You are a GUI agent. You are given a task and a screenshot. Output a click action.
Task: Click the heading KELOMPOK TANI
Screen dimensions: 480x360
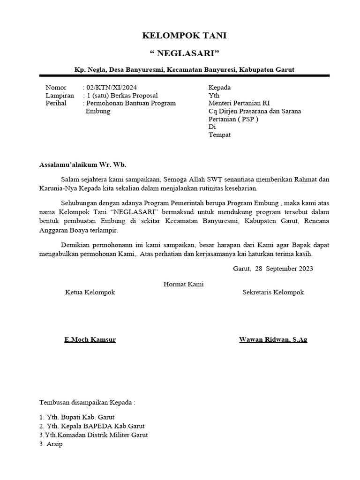(180, 36)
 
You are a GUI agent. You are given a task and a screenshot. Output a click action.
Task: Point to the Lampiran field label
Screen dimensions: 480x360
(60, 96)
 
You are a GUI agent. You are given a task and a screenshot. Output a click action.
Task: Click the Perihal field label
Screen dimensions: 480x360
(56, 103)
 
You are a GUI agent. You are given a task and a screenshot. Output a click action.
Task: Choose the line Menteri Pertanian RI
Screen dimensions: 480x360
(239, 103)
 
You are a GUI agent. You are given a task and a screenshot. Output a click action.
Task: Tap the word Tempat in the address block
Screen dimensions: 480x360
(219, 135)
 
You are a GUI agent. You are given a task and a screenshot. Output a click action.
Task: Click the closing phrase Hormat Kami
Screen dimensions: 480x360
(183, 284)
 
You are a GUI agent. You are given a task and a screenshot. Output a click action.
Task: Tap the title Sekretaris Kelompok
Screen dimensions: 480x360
(273, 292)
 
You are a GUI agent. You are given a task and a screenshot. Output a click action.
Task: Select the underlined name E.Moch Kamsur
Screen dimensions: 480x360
(90, 339)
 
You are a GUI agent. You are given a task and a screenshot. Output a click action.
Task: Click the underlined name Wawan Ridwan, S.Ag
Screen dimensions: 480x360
(273, 339)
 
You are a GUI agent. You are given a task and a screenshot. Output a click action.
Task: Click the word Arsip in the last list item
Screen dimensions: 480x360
(54, 444)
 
